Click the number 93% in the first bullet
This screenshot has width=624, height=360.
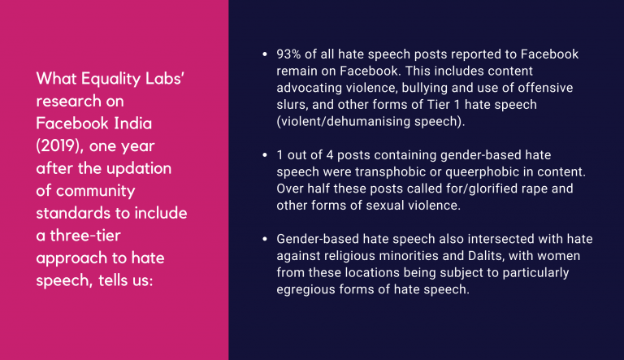[x=288, y=54]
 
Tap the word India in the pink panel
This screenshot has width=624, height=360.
[x=132, y=124]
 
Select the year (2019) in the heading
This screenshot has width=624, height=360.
[x=59, y=146]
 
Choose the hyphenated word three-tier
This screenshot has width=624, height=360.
[x=84, y=236]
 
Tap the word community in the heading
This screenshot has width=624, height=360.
[x=96, y=191]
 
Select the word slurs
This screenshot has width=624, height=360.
[x=291, y=104]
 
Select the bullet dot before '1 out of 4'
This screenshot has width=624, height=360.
[x=265, y=155]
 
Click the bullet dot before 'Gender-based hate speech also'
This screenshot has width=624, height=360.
[x=265, y=239]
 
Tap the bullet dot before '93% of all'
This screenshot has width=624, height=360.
[x=265, y=54]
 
